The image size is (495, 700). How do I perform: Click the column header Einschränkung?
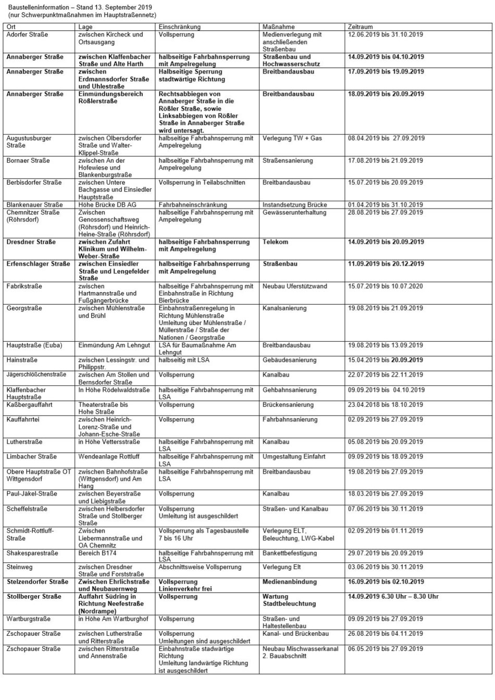(179, 27)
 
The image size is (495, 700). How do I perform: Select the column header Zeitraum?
(360, 27)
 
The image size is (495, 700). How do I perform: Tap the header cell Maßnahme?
(279, 27)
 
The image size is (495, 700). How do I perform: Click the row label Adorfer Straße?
(27, 34)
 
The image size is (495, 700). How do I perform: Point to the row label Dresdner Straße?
(31, 242)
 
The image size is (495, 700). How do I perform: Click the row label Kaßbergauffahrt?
(29, 405)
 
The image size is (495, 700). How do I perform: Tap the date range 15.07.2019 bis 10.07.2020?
(385, 286)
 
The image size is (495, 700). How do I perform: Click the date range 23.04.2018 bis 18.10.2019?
(385, 405)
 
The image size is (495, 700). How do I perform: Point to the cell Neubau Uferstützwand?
(295, 286)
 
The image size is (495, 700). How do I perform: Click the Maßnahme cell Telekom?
(276, 242)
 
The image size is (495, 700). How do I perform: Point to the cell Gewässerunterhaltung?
(294, 212)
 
